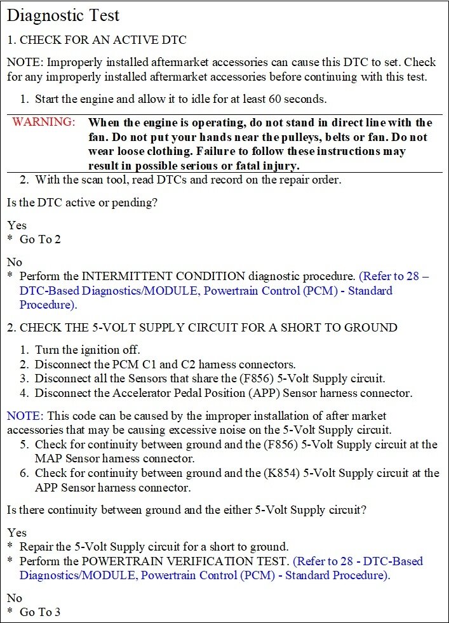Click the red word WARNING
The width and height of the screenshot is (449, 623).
(43, 122)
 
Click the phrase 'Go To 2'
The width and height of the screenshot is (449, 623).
(40, 239)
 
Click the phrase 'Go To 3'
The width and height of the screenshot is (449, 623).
(40, 612)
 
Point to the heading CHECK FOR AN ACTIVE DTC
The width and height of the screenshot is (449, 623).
(103, 40)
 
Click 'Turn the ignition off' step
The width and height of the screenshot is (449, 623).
(88, 350)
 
